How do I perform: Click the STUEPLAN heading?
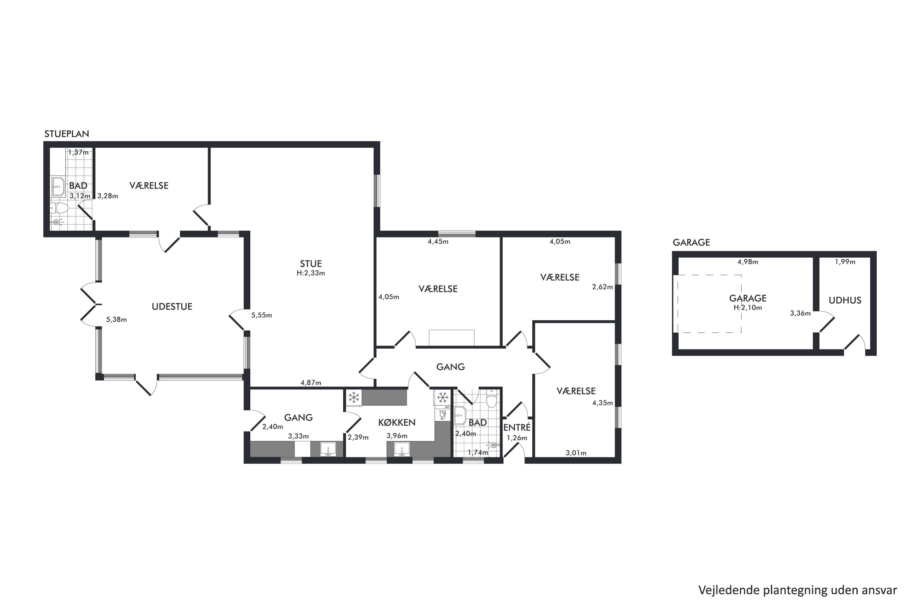pos(67,134)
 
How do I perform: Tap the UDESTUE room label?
pos(172,307)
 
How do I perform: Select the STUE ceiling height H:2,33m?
pos(311,273)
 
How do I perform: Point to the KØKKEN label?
pos(397,422)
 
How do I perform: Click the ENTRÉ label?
pos(517,427)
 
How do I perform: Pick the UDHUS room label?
pos(845,300)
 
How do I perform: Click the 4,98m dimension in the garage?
pos(748,262)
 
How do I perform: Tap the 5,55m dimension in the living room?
pos(262,315)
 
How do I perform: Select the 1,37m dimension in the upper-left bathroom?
pos(78,153)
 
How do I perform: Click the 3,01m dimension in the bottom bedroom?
pos(576,453)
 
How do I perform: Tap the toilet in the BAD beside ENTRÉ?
pos(492,399)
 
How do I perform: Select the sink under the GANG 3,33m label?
pos(328,449)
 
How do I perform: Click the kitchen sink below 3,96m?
pos(402,449)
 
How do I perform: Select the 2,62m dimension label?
pos(602,287)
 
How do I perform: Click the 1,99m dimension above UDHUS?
pos(845,262)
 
